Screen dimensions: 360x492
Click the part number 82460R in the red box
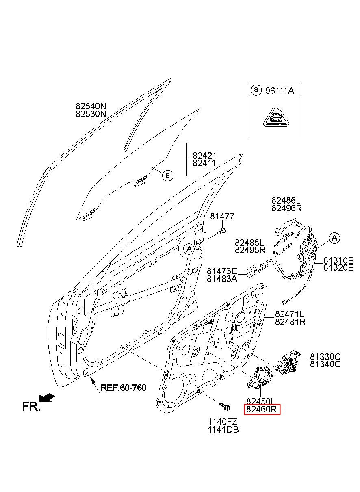[x=262, y=409]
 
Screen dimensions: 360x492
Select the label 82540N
[x=91, y=106]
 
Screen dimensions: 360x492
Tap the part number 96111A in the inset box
[x=280, y=91]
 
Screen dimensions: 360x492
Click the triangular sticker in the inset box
[x=276, y=117]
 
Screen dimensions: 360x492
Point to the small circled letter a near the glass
[x=167, y=176]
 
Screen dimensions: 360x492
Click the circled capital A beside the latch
[x=334, y=238]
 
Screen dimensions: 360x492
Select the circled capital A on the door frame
[x=189, y=249]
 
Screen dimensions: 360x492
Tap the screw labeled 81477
[x=222, y=231]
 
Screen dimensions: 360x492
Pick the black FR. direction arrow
[x=47, y=398]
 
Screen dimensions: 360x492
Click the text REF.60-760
[x=124, y=388]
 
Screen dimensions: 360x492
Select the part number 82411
[x=204, y=163]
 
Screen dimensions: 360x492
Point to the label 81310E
[x=338, y=260]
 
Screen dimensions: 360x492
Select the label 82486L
[x=286, y=200]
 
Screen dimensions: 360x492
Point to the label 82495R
[x=250, y=250]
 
